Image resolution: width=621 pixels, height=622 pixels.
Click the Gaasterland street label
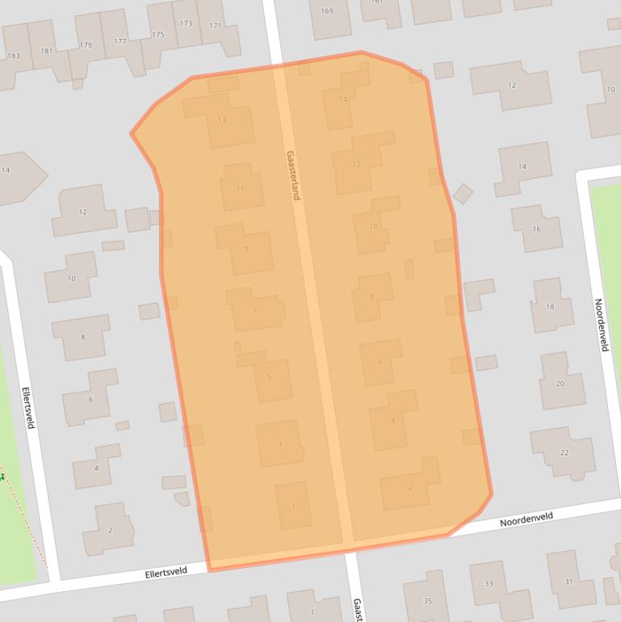[x=292, y=175]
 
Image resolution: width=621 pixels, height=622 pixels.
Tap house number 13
[x=222, y=120]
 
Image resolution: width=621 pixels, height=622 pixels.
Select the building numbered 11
[x=240, y=187]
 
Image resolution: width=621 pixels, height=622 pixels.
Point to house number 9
[x=245, y=249]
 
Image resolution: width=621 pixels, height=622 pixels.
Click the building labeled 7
[x=255, y=310]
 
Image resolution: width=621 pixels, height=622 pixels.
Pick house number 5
[x=268, y=376]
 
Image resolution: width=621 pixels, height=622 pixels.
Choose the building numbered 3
[x=279, y=443]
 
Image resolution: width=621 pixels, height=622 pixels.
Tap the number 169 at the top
[x=327, y=11]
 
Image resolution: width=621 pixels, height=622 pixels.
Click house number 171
[x=215, y=26]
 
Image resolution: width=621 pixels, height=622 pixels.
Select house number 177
[x=120, y=41]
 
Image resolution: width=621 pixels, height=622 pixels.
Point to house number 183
[x=13, y=56]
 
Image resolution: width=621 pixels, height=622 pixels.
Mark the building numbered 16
[x=536, y=229]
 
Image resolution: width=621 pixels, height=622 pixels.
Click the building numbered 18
[x=550, y=307]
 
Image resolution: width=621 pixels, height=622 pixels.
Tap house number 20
[x=560, y=383]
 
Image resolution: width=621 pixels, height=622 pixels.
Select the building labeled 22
[x=564, y=452]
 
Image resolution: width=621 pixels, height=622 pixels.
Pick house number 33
[x=489, y=583]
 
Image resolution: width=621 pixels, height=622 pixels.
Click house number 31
[x=569, y=582]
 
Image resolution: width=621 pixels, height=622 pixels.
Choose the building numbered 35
[x=427, y=601]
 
